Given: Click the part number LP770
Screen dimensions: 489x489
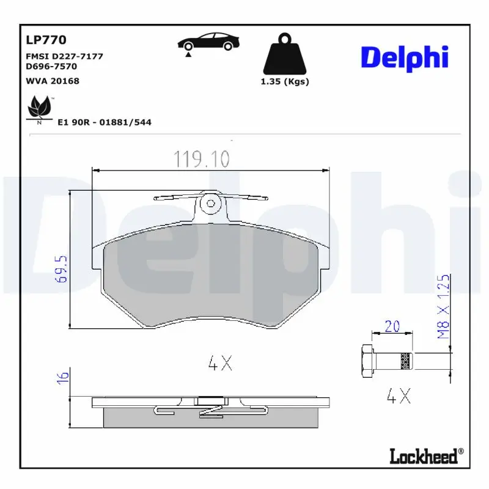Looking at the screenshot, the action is tap(46, 40).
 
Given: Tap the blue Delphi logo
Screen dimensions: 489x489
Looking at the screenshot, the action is tap(405, 58).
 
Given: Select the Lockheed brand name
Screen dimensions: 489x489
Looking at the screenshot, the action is tap(426, 456).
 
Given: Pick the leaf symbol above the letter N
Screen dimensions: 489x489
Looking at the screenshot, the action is tap(40, 106).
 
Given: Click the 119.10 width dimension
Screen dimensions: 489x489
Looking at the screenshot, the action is tap(202, 159).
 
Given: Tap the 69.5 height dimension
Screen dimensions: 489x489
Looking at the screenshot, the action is tap(61, 269).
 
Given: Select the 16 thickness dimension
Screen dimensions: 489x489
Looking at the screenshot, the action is tap(63, 377).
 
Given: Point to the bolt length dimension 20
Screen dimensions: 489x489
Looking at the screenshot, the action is tap(392, 326).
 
